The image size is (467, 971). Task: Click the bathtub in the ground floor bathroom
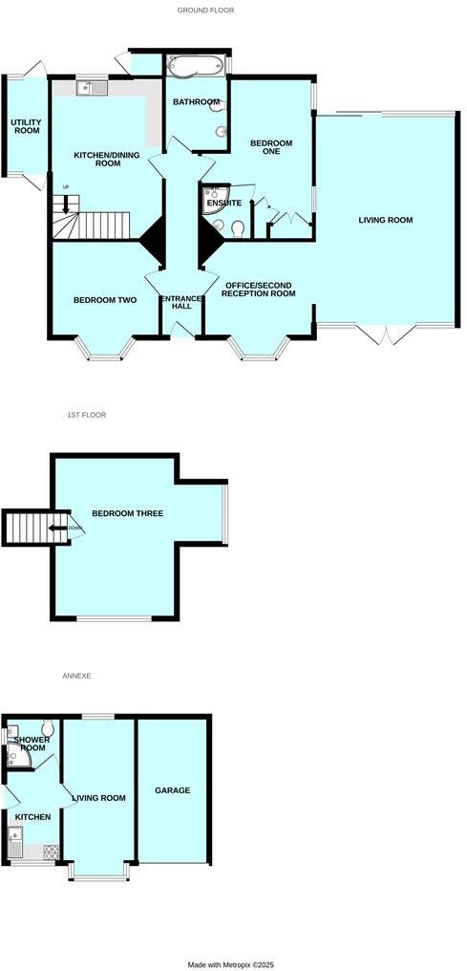[x=195, y=66]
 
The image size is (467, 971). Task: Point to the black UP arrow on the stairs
[x=66, y=203]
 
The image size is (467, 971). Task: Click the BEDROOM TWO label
[x=105, y=300]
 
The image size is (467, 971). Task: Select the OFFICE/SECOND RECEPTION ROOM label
[x=259, y=289]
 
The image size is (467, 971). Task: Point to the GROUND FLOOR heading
[x=205, y=11]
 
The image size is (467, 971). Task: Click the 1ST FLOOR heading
[x=86, y=415]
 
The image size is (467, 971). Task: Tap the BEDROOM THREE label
[x=127, y=513]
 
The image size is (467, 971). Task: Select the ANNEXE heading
[x=75, y=676]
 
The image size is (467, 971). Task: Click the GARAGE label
[x=173, y=790]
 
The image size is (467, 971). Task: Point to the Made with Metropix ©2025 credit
[x=232, y=963]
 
